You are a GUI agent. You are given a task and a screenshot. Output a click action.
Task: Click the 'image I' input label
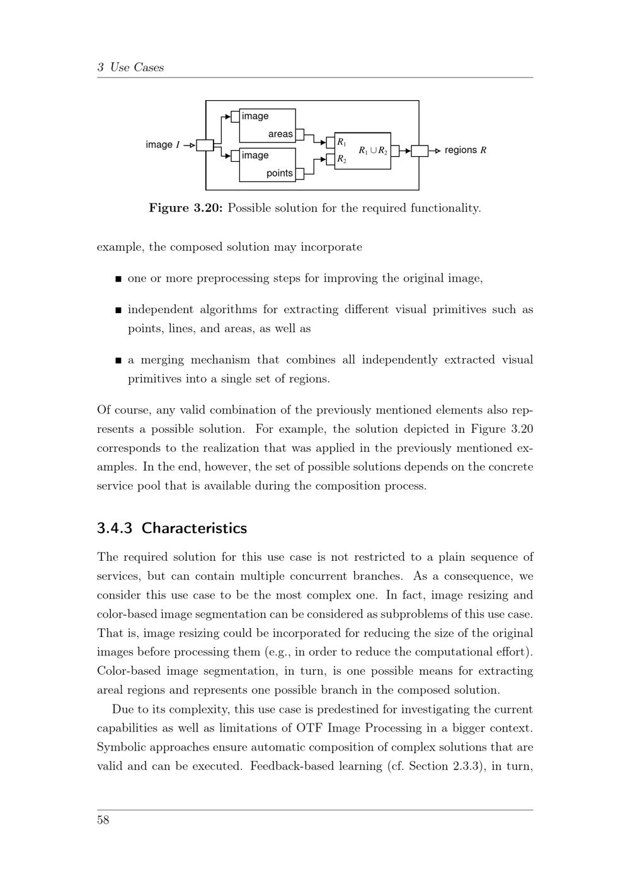163,145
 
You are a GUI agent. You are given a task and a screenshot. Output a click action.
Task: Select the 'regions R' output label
465,150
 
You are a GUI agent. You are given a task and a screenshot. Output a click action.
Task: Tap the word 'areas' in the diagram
280,134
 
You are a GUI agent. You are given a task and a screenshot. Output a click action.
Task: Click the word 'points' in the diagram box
280,173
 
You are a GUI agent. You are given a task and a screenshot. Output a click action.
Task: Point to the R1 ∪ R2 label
373,151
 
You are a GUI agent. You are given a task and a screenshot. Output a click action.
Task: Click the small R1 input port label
341,142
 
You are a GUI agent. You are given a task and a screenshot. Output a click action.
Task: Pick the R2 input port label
341,159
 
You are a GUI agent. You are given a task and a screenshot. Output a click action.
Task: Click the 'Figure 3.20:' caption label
186,208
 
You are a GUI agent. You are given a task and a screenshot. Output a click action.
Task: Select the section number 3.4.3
115,528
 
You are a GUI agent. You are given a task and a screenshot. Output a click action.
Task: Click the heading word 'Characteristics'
194,528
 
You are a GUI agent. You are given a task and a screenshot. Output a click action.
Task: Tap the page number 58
103,820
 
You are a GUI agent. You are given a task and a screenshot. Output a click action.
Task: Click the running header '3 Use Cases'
130,67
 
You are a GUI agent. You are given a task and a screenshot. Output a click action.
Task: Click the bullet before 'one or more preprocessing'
118,279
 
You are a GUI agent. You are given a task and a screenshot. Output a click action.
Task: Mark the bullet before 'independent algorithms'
118,310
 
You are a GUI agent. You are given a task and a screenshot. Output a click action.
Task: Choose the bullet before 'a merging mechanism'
118,360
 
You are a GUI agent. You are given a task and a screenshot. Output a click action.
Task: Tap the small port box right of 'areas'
300,134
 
